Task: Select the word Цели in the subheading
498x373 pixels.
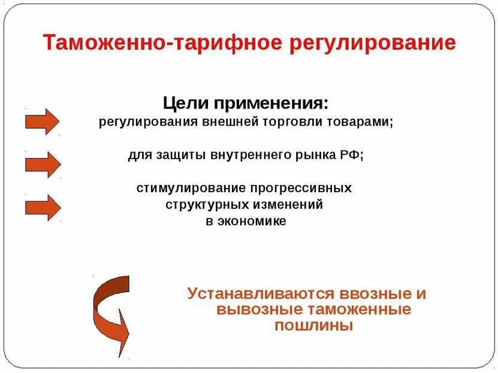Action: (183, 102)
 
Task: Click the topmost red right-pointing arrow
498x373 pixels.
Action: (42, 121)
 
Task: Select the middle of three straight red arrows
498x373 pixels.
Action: (42, 164)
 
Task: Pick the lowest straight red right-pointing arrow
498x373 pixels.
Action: (42, 207)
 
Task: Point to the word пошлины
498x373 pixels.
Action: (313, 326)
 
